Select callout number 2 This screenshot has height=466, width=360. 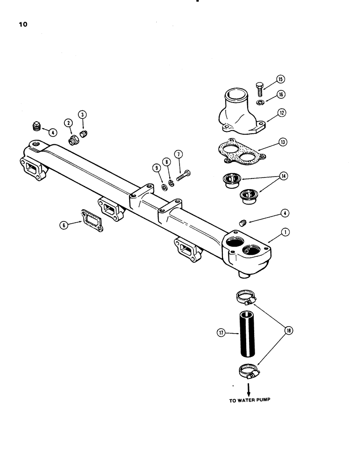(69, 123)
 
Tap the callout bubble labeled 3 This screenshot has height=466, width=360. (82, 114)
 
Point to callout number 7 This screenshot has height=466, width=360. (178, 154)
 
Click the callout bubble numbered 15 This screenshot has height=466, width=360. (280, 79)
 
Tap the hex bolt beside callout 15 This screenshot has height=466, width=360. (260, 87)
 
